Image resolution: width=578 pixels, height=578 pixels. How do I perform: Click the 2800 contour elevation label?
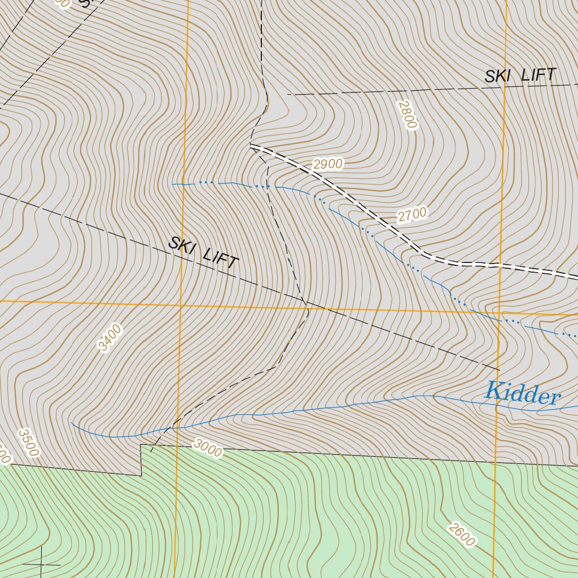(x=406, y=115)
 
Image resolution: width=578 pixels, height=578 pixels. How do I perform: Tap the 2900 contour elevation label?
(x=328, y=164)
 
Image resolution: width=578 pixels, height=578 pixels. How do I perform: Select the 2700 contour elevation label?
(x=412, y=214)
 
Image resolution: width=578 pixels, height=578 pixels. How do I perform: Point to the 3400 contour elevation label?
(x=110, y=337)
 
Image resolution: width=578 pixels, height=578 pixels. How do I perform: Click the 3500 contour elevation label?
(x=28, y=442)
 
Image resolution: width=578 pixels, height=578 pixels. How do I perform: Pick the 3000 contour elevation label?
(x=207, y=448)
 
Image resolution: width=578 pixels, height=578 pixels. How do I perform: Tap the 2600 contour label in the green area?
(x=461, y=535)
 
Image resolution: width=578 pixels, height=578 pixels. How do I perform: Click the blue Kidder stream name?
(x=523, y=393)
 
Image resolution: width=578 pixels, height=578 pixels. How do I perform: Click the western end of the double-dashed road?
(x=251, y=146)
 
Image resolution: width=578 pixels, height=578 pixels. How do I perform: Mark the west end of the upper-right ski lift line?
(x=288, y=94)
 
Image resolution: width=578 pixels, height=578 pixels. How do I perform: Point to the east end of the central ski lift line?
(x=500, y=370)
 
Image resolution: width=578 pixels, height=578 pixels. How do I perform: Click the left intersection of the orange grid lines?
(x=181, y=305)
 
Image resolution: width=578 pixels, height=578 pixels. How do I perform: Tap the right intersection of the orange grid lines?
(x=500, y=311)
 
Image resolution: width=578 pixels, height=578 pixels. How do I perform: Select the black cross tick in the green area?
(x=42, y=564)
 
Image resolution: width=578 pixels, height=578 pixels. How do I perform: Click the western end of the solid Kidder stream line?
(x=72, y=422)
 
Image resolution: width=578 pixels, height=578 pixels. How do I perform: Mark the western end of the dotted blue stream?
(x=173, y=184)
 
